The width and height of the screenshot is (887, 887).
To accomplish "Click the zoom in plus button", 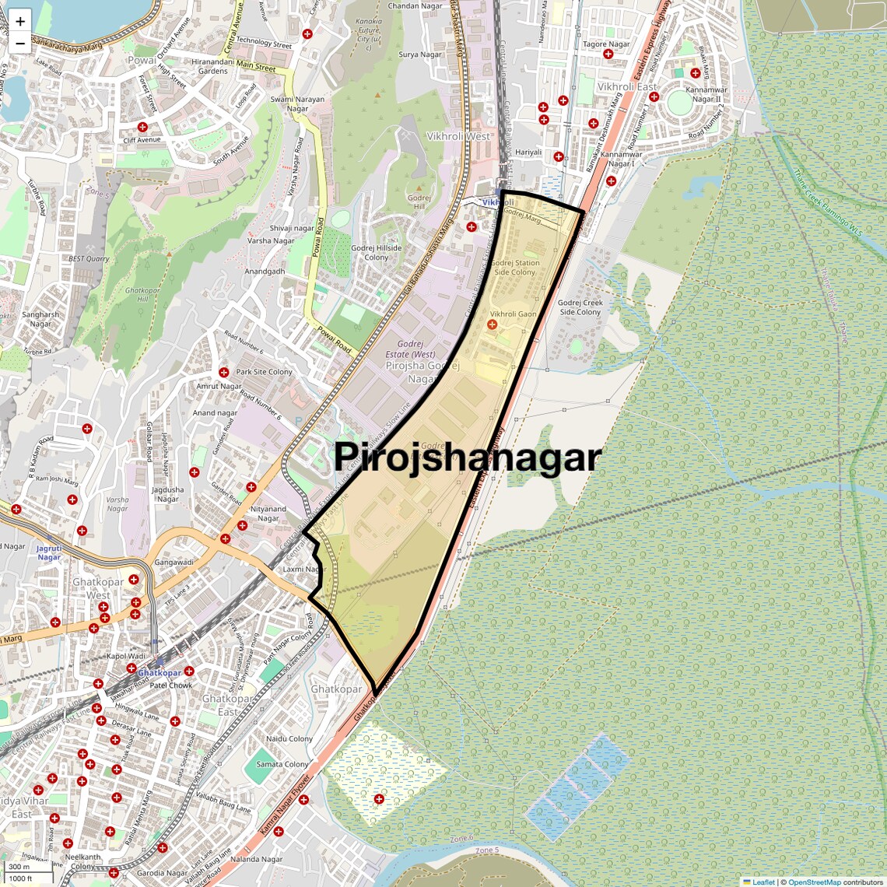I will click(x=20, y=21).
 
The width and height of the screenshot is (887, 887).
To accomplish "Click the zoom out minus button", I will click(x=20, y=44).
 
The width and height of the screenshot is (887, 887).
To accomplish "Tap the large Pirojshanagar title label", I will click(x=468, y=458).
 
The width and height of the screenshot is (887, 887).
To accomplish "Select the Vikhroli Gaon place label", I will click(x=513, y=314).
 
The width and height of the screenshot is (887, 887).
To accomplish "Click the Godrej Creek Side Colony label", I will click(x=580, y=307).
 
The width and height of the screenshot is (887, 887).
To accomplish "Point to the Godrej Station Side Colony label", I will click(x=515, y=268).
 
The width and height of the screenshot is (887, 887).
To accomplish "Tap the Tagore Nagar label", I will click(x=606, y=44).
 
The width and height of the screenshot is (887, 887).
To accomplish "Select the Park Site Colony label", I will click(x=264, y=372).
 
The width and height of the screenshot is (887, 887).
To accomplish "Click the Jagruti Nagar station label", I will click(x=48, y=552).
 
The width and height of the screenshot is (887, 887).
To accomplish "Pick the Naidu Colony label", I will click(x=289, y=738).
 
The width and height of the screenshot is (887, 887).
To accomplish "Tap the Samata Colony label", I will click(x=282, y=764).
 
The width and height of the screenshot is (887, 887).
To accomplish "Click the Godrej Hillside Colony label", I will click(x=376, y=253).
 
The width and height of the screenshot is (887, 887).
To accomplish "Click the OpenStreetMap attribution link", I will click(x=814, y=882).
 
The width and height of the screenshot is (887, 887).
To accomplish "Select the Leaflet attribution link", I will click(x=763, y=882).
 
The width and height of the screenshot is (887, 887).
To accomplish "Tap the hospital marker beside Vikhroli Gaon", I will click(x=492, y=324).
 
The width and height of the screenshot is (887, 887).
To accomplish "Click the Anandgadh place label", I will click(x=265, y=272).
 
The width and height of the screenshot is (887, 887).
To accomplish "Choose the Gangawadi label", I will click(x=174, y=562).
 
